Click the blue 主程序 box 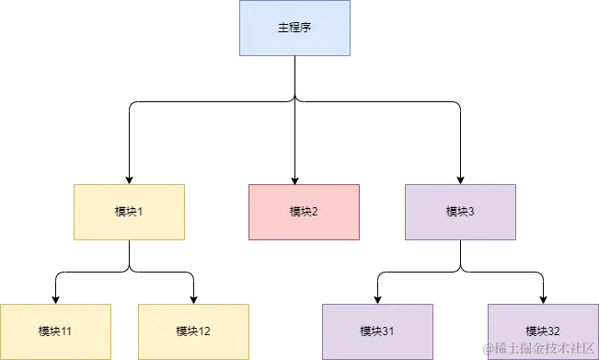[x=294, y=29]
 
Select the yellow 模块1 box [x=129, y=213]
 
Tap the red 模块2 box [x=304, y=213]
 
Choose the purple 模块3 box [x=460, y=213]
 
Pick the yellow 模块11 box [x=54, y=331]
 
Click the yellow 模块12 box [x=193, y=331]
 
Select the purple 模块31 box [x=377, y=331]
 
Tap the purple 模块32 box [x=543, y=331]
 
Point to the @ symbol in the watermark [x=487, y=348]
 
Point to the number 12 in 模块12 [x=205, y=331]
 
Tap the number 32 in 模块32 [x=555, y=331]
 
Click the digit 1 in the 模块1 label [x=140, y=213]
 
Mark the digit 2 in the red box [x=315, y=213]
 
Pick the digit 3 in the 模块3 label [x=471, y=213]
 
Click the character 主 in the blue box [x=283, y=29]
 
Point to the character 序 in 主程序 [x=305, y=29]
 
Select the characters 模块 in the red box [x=300, y=213]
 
